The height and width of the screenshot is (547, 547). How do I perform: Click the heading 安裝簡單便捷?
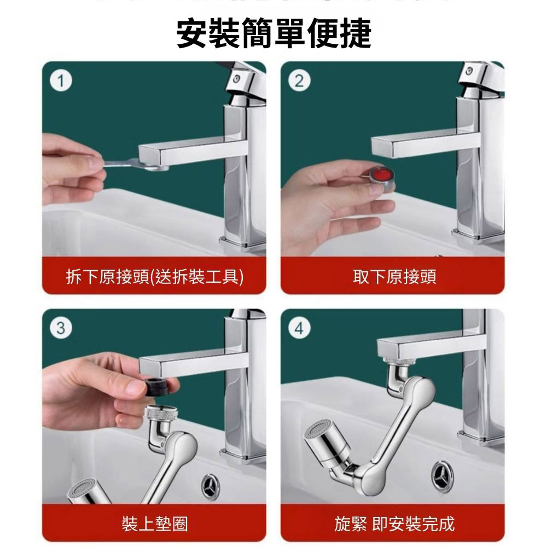pos(274,34)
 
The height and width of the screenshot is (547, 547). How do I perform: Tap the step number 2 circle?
pos(299,82)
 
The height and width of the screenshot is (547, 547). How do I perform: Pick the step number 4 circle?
pos(299,329)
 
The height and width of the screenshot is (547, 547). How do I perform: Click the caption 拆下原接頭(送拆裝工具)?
pos(154,277)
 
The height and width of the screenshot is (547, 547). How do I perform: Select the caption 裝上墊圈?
pos(154,524)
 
